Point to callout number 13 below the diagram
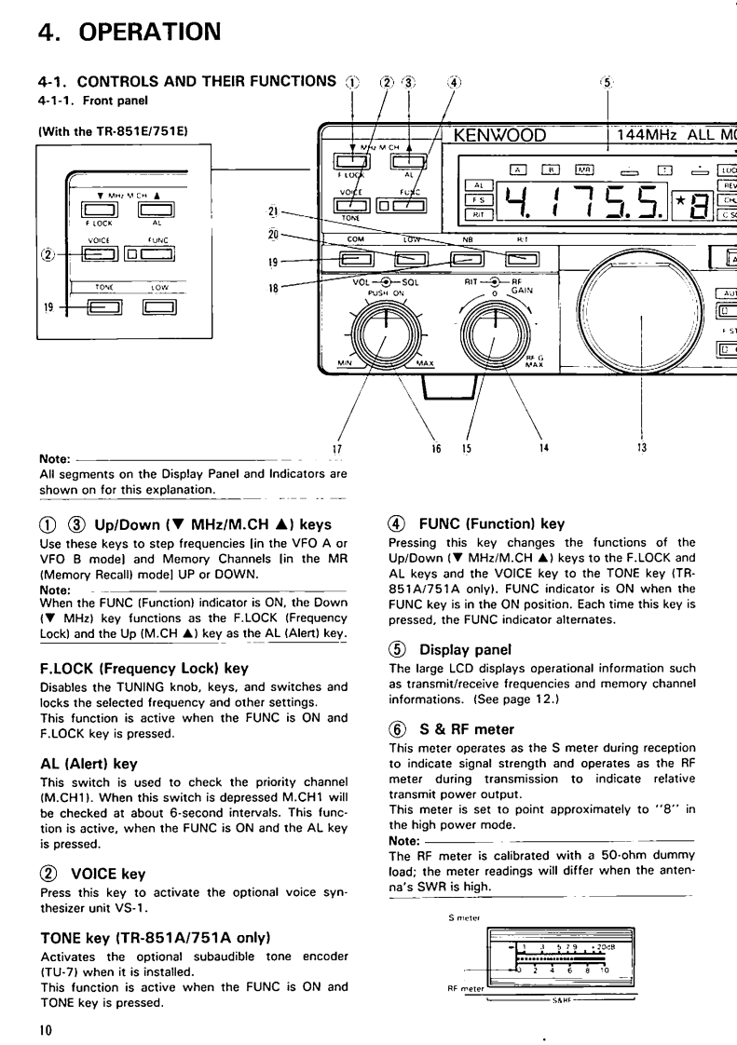(x=641, y=447)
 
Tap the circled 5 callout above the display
(x=607, y=82)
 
